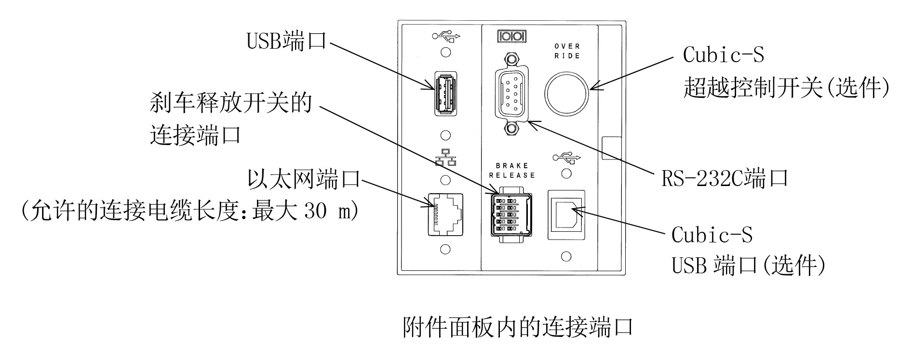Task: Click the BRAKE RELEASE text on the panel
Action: tap(512, 170)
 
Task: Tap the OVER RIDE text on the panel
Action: tap(567, 51)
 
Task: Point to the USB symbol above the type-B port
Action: tap(566, 157)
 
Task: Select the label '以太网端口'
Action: tap(304, 179)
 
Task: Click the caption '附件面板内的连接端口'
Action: tap(517, 327)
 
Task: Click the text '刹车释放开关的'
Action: tap(231, 103)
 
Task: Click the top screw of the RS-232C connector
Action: tap(512, 59)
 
